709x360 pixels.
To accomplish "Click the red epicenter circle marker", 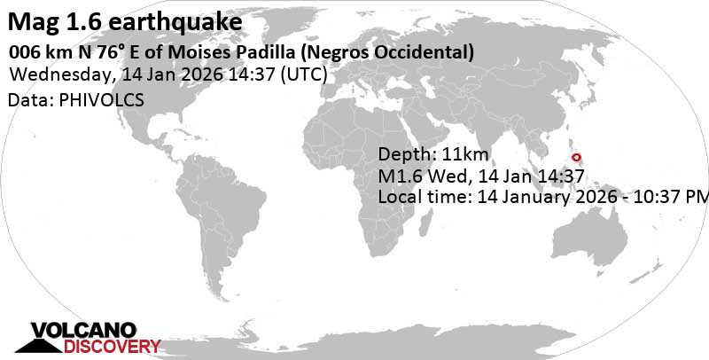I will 577,158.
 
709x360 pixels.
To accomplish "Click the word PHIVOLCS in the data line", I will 98,101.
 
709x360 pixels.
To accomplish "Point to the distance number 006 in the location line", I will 26,52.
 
